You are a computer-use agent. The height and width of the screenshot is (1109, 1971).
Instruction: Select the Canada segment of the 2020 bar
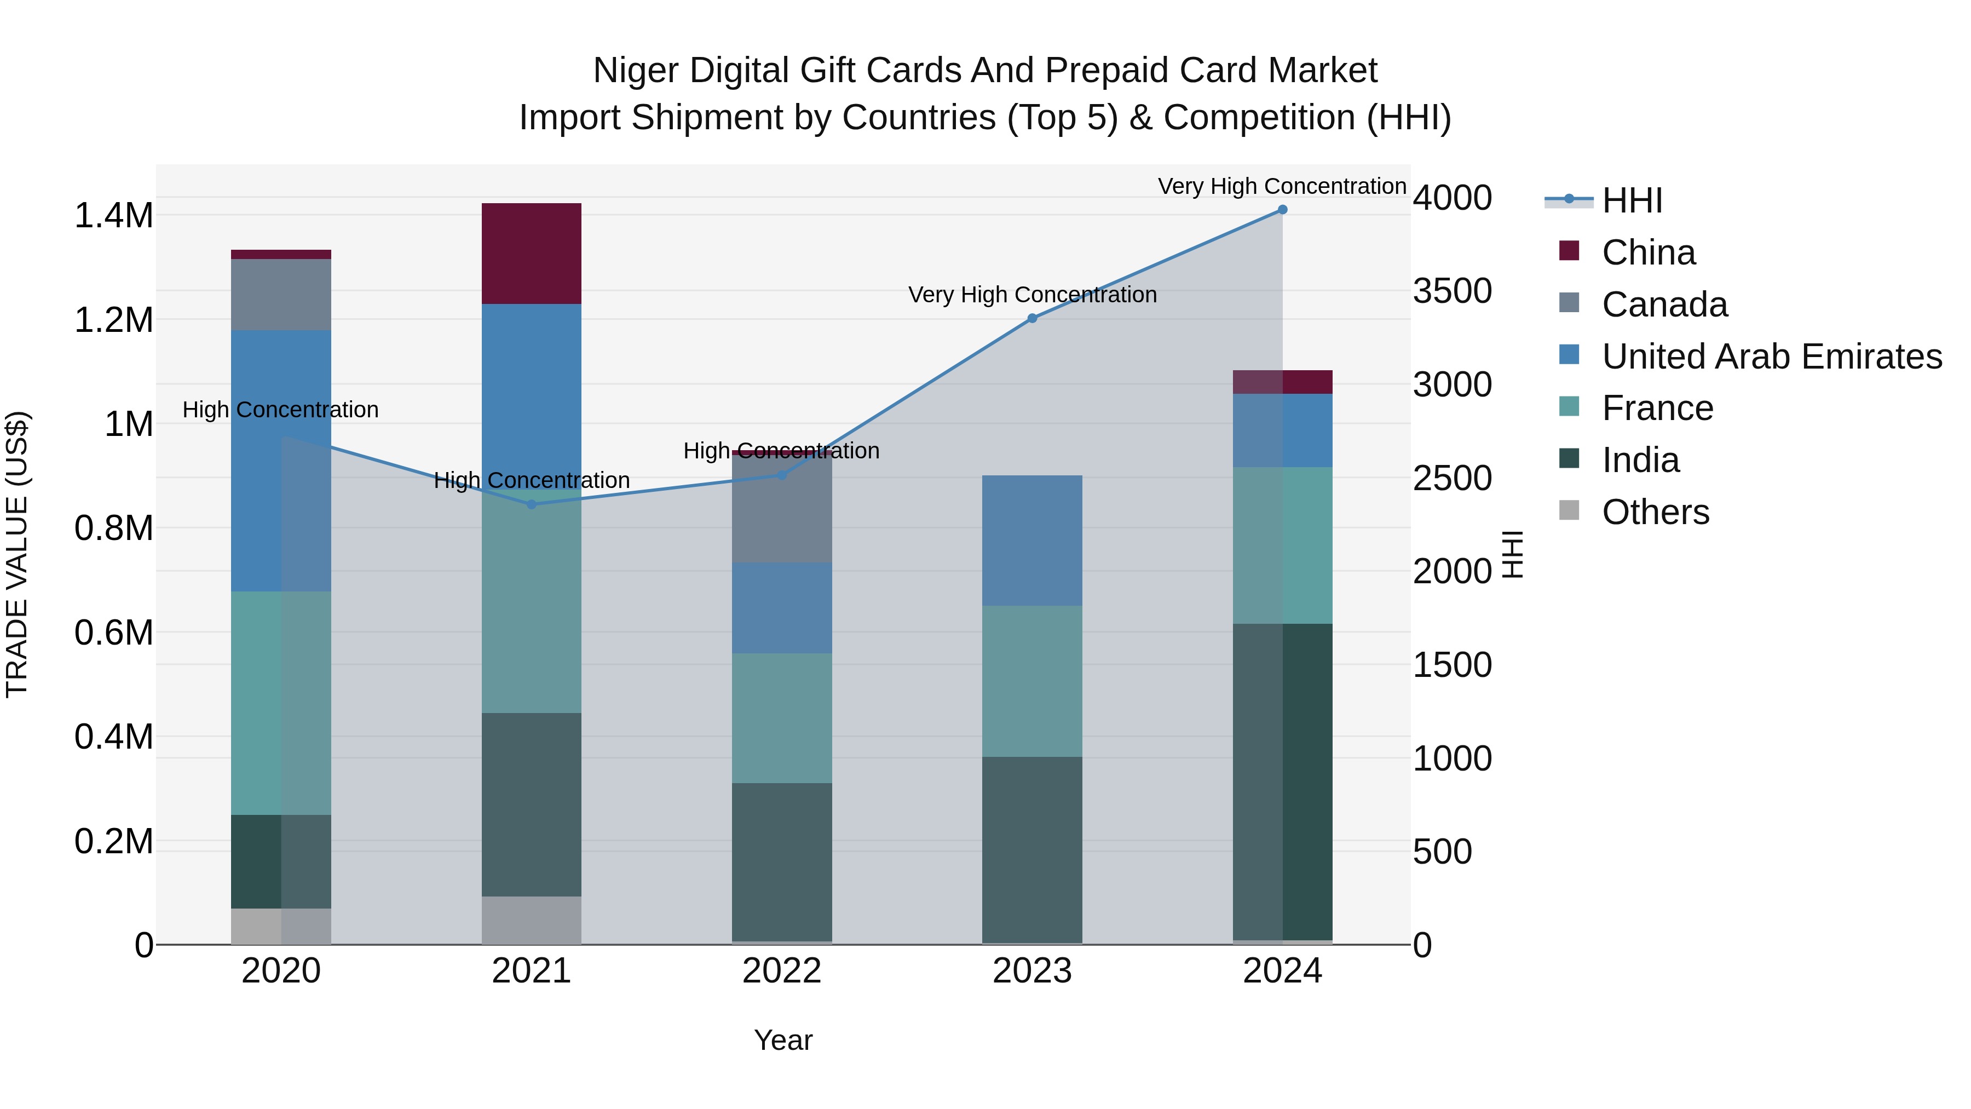(281, 295)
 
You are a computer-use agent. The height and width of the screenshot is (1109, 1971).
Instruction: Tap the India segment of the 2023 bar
(1032, 849)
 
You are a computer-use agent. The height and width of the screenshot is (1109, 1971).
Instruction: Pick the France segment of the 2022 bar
(782, 718)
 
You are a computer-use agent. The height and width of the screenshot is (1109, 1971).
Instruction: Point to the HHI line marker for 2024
(1282, 210)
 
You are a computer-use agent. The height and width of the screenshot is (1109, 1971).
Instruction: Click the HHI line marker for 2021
(532, 504)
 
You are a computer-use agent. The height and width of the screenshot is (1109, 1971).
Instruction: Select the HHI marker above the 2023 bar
(1032, 318)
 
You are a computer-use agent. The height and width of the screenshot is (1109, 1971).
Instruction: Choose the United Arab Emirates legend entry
(1771, 357)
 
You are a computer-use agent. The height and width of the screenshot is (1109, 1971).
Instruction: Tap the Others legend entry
(1655, 512)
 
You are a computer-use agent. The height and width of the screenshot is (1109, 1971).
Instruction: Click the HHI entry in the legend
(1632, 200)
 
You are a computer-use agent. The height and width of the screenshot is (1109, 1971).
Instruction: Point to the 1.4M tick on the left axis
(113, 216)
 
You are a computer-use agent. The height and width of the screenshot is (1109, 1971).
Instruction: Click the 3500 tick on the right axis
(1451, 291)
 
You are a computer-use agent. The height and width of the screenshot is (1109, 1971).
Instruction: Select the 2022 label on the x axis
(782, 971)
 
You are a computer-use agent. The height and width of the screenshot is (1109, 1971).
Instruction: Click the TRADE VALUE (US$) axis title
(17, 554)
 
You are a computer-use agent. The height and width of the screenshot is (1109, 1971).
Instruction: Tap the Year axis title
(783, 1040)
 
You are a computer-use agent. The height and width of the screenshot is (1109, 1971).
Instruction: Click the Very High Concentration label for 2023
(1032, 295)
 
